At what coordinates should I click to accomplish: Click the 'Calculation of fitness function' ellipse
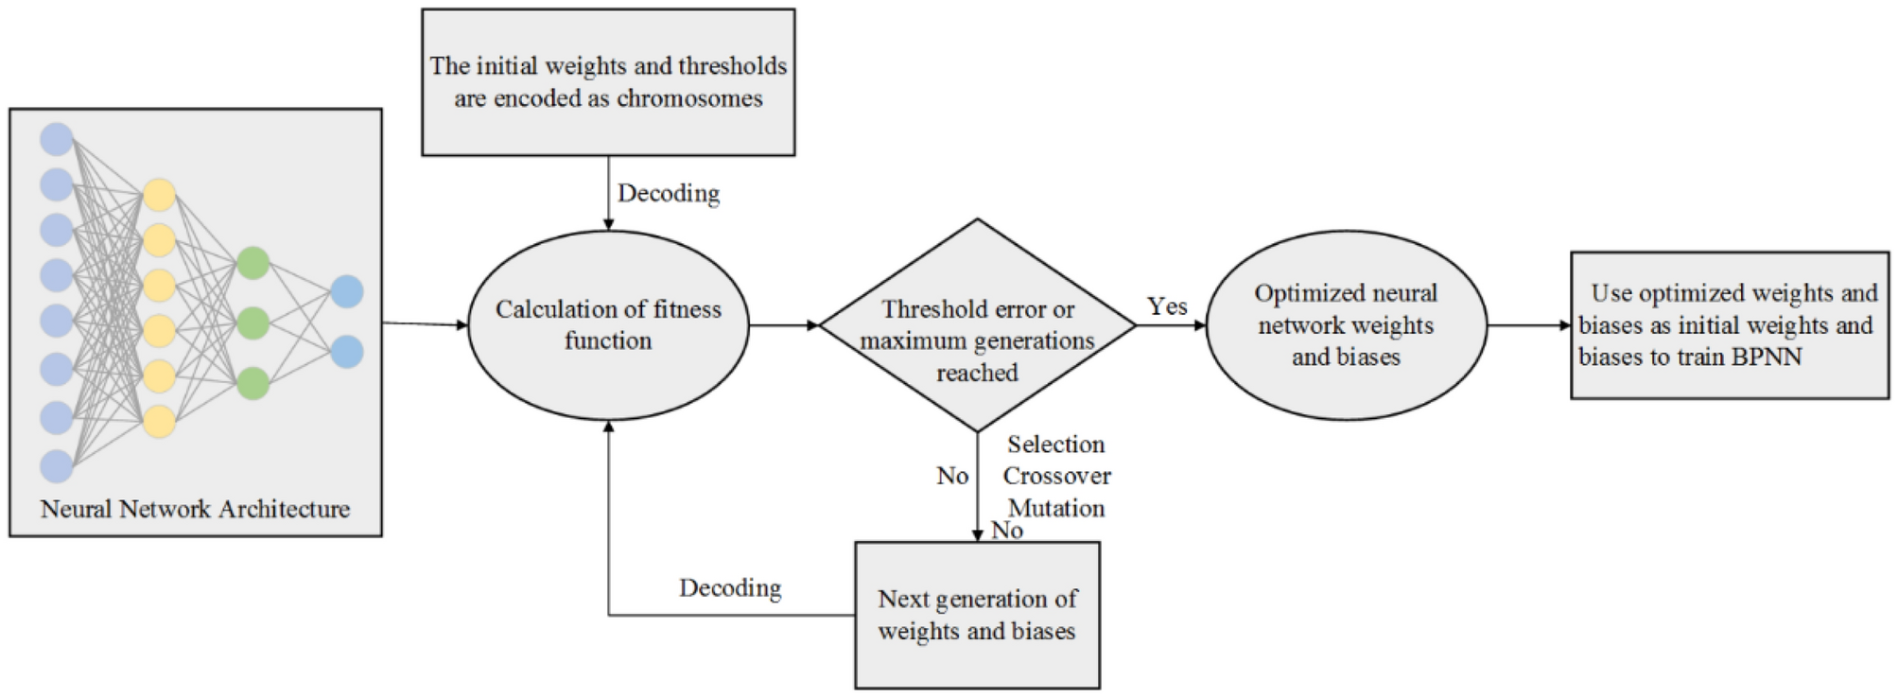[608, 325]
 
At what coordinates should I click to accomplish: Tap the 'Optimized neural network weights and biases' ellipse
[1346, 325]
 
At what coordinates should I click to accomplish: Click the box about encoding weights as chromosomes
[608, 82]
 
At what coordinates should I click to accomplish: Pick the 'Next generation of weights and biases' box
[977, 615]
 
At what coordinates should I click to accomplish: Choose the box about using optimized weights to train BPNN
[1729, 325]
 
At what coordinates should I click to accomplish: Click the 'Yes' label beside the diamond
[1167, 306]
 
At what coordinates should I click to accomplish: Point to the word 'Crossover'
[1056, 476]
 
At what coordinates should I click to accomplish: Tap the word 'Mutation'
[1056, 508]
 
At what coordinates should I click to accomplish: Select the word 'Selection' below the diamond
[1055, 445]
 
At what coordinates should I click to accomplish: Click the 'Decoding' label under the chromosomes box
[669, 193]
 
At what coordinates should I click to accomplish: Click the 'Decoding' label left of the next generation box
[730, 588]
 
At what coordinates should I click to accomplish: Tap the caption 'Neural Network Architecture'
[195, 509]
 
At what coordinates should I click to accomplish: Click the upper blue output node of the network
[347, 291]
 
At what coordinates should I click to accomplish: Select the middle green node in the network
[252, 323]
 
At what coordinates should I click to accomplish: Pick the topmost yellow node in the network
[159, 195]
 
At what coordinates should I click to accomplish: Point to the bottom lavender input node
[57, 465]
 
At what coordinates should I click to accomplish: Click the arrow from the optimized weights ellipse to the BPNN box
[1528, 325]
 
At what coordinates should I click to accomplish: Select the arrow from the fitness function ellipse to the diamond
[784, 325]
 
